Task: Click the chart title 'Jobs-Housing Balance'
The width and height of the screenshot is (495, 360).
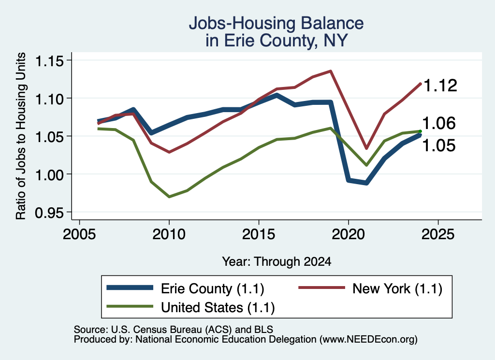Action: point(276,23)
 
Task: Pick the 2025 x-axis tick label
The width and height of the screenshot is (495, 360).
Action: point(438,234)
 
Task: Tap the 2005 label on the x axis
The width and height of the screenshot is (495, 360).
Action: point(79,234)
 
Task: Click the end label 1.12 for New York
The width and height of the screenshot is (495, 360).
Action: point(440,86)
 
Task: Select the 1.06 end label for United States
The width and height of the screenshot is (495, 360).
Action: point(439,123)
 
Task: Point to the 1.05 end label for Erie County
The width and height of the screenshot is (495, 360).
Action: point(439,145)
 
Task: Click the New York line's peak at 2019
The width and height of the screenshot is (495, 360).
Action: point(331,71)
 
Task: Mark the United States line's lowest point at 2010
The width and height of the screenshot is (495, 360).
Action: point(169,197)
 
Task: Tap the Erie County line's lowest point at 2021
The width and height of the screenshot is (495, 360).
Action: point(366,183)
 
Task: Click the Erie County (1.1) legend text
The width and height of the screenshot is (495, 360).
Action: point(213,288)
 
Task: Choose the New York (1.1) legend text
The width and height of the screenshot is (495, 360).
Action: point(397,288)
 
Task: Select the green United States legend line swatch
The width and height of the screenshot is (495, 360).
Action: point(130,306)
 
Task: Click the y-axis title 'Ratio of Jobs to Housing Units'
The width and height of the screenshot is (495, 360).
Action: point(21,136)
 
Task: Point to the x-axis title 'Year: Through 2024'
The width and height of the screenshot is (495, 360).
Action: point(277,261)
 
